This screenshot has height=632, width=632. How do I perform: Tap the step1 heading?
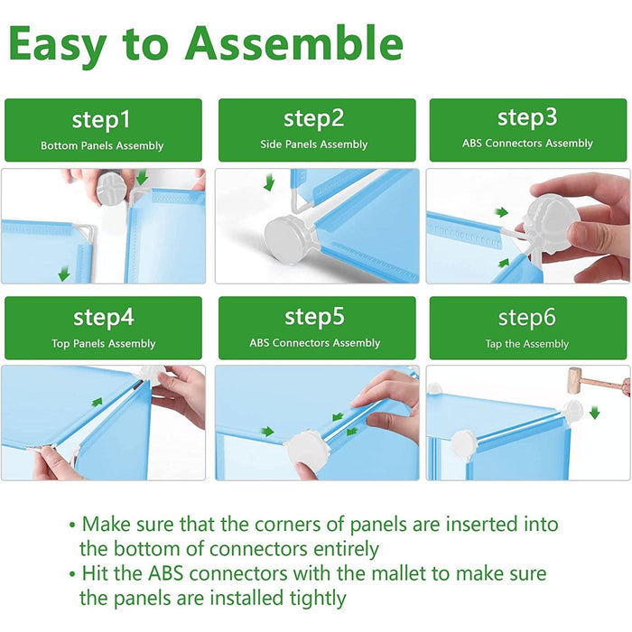[101, 120]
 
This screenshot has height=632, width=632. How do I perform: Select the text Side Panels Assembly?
[313, 144]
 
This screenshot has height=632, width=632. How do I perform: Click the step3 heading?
[527, 117]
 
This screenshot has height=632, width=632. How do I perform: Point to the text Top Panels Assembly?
[104, 343]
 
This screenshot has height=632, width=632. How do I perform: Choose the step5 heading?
[315, 317]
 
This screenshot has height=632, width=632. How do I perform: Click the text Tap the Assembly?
[526, 344]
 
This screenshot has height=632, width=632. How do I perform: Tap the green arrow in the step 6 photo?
[595, 413]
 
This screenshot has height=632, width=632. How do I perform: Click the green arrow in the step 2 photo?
[269, 181]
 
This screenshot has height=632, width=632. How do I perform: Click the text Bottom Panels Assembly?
[102, 145]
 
